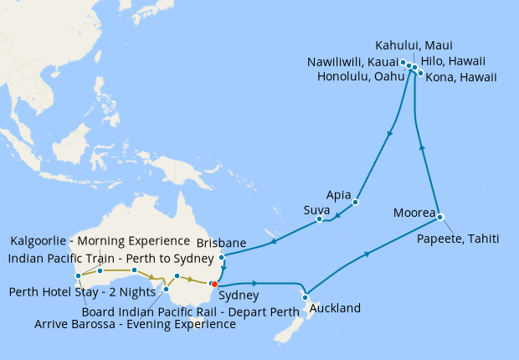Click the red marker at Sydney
click(214, 285)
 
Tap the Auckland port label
click(335, 308)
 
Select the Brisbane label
click(221, 243)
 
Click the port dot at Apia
click(356, 202)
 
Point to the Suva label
click(316, 208)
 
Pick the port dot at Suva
click(320, 220)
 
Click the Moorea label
click(414, 213)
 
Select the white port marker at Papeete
click(440, 217)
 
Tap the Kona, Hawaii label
click(461, 77)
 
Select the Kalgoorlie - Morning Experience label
click(100, 242)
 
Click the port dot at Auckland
click(306, 296)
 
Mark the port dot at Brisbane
click(221, 257)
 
